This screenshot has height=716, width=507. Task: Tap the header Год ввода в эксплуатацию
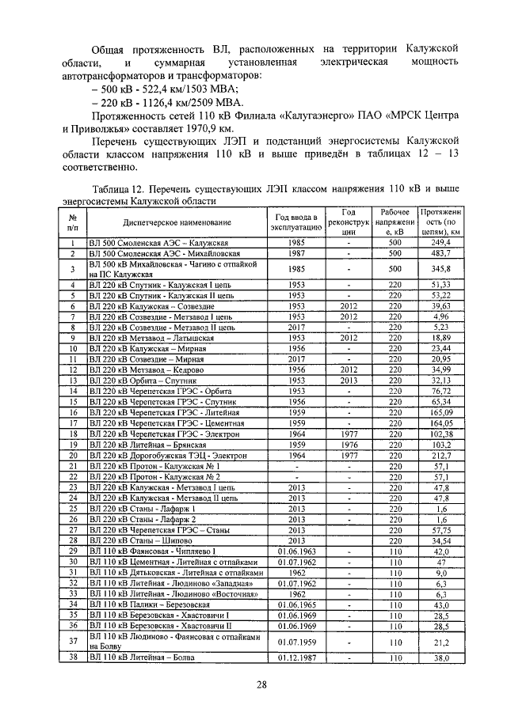tap(297, 224)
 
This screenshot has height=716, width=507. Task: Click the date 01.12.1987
tap(297, 657)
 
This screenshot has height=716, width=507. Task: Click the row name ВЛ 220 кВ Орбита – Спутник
tap(142, 380)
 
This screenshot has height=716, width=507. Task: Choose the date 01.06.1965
tap(297, 604)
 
